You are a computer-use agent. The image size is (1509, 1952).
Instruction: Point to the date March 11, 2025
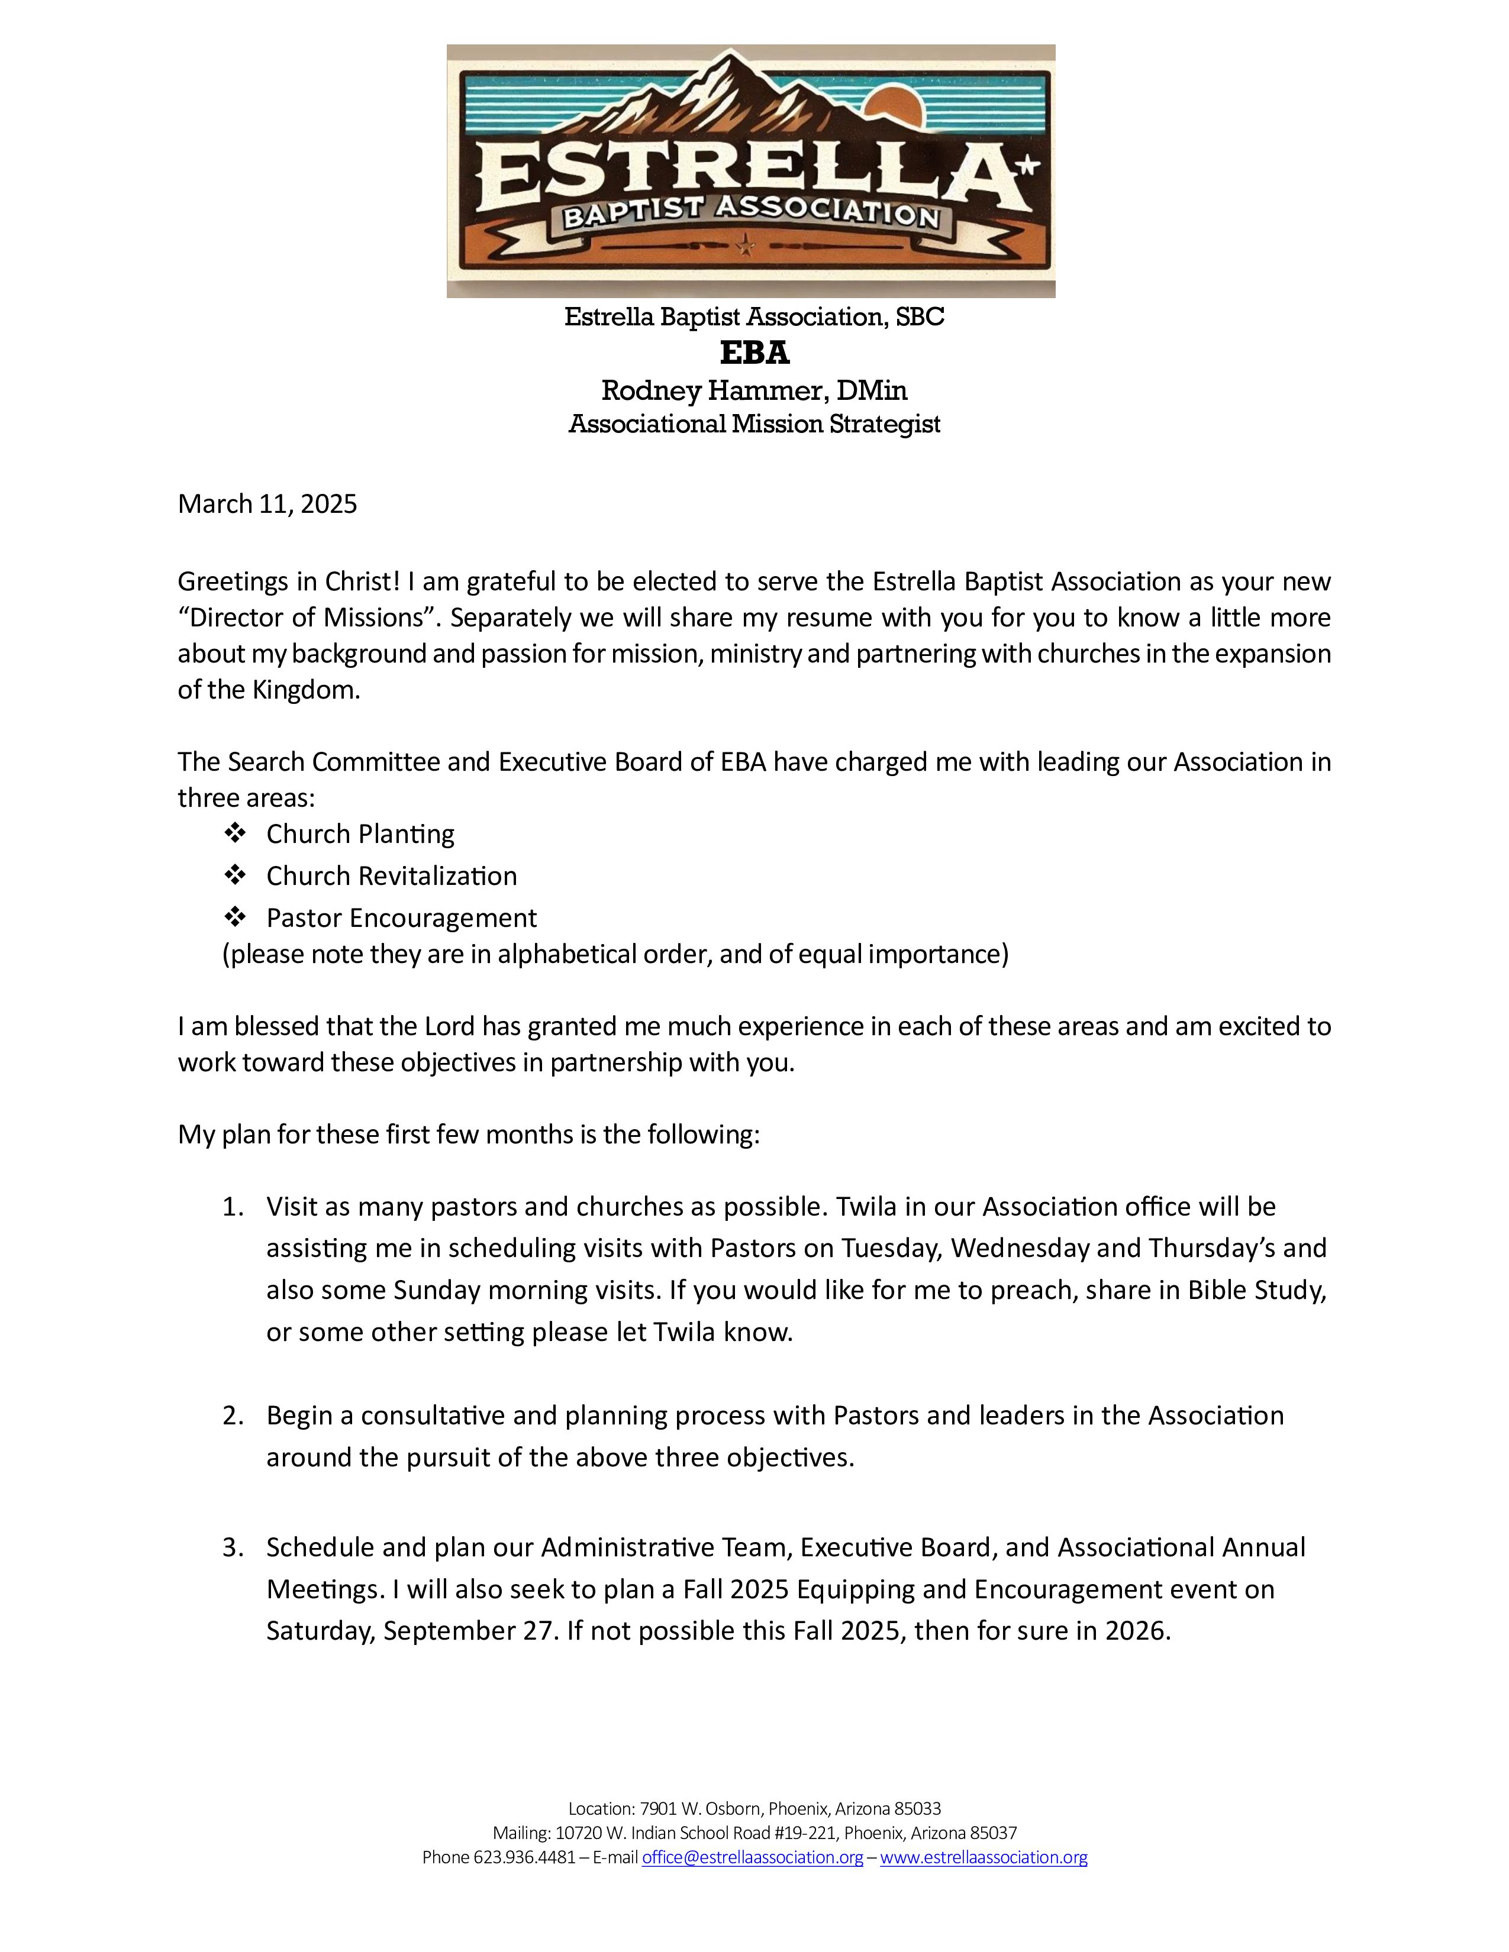(267, 504)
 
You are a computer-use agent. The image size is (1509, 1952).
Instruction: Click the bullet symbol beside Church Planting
(235, 833)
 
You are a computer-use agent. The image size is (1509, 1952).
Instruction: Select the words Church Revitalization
(392, 876)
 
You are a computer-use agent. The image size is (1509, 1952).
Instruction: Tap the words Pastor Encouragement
(401, 918)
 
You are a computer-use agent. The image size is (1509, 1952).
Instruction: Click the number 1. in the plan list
(233, 1207)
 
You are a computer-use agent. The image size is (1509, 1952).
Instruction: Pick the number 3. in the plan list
(233, 1547)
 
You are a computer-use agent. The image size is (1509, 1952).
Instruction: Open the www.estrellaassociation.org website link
(984, 1857)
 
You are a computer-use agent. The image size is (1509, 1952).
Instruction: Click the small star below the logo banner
(744, 244)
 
